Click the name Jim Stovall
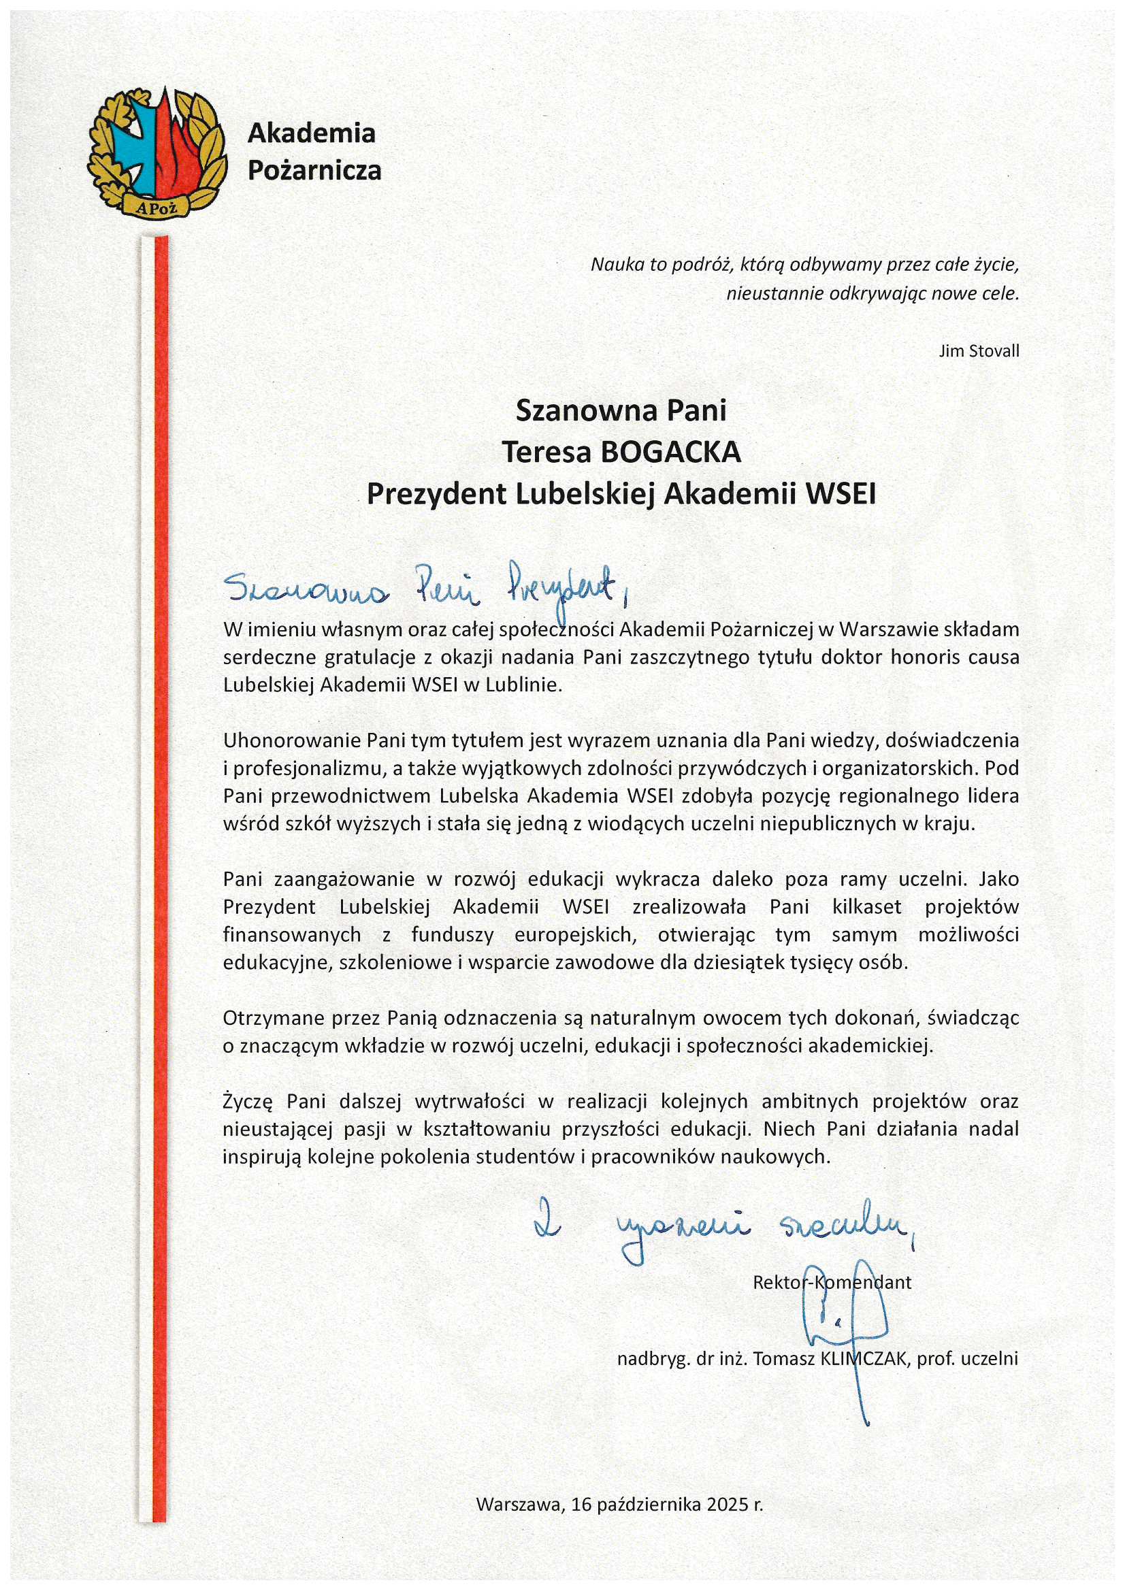pos(979,350)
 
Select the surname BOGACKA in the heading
pos(671,452)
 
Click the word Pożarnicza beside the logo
pos(314,169)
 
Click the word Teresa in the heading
pos(547,452)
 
